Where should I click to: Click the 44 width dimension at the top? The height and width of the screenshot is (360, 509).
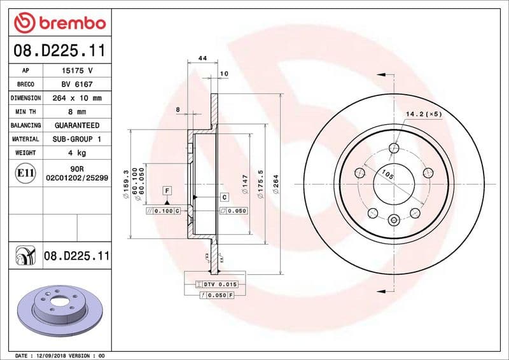tap(203, 59)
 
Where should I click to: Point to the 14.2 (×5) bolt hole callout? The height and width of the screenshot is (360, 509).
tap(423, 114)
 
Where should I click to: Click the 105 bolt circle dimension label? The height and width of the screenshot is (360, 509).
tap(386, 172)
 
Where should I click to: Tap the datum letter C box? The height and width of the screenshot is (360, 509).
tap(224, 197)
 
